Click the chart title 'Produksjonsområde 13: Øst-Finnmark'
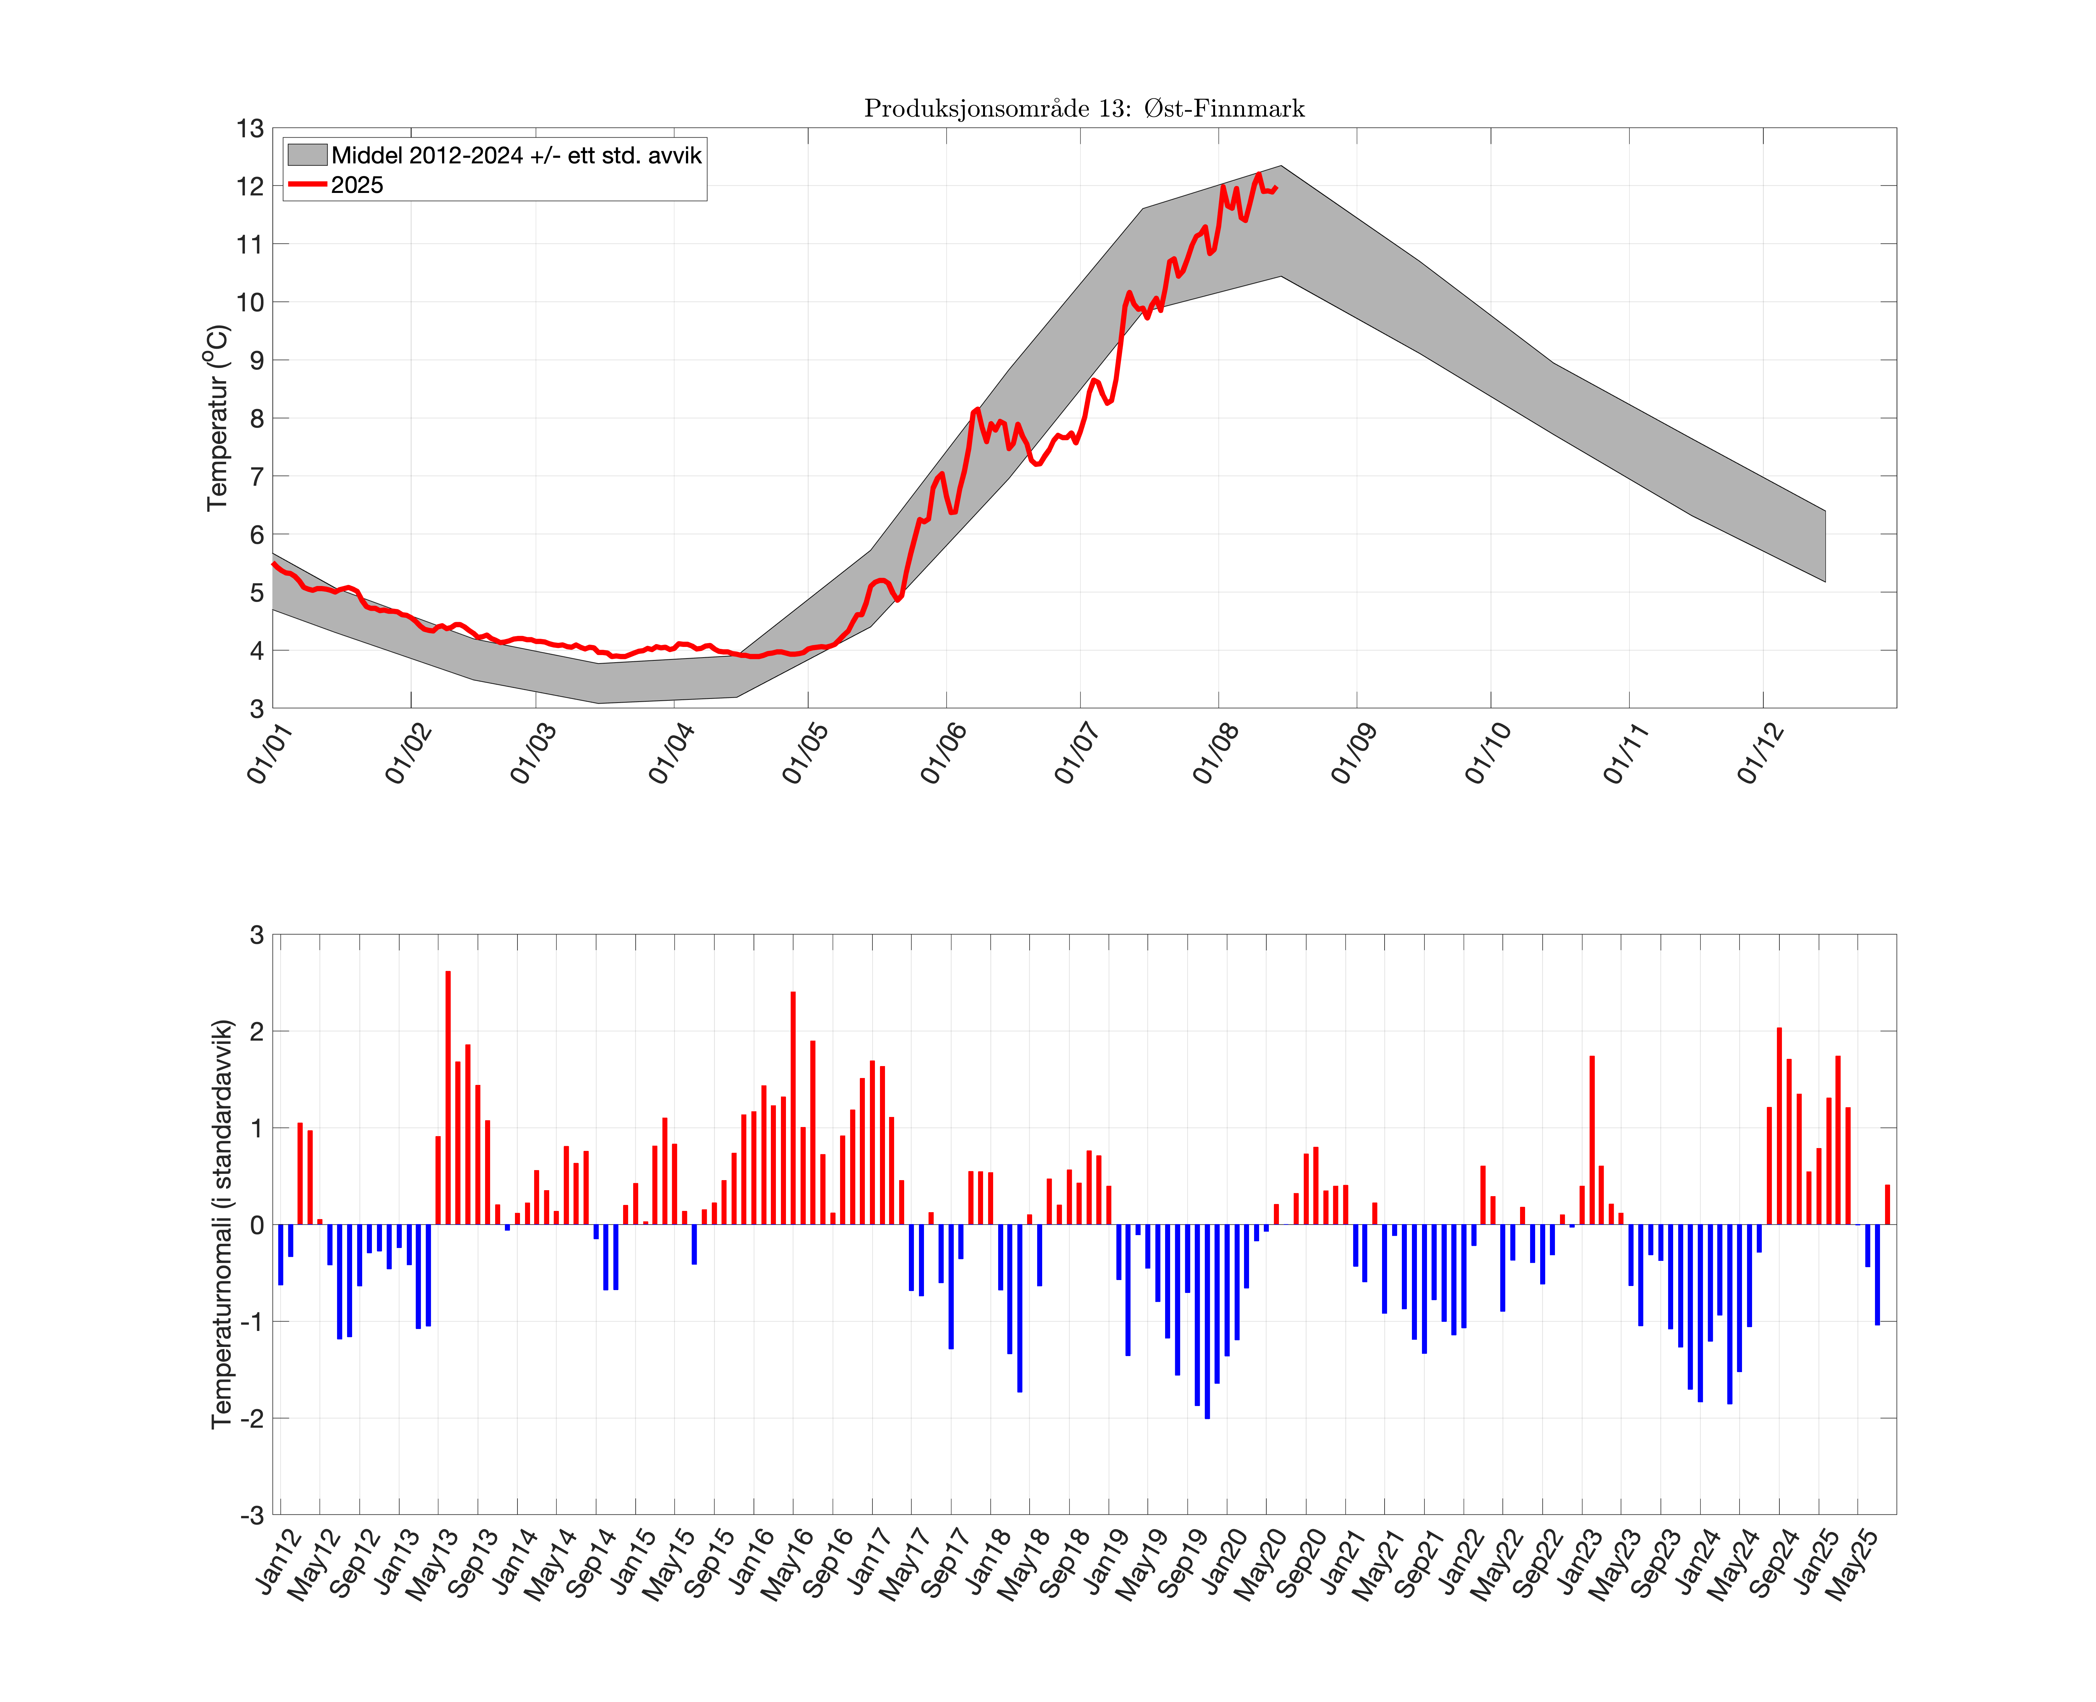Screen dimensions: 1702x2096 tap(1084, 108)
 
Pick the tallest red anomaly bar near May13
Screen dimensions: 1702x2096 tap(448, 1098)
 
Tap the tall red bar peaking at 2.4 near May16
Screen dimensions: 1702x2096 tap(793, 1108)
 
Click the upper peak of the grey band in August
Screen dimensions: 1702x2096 tap(1281, 167)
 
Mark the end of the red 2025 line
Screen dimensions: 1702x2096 tap(1276, 187)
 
